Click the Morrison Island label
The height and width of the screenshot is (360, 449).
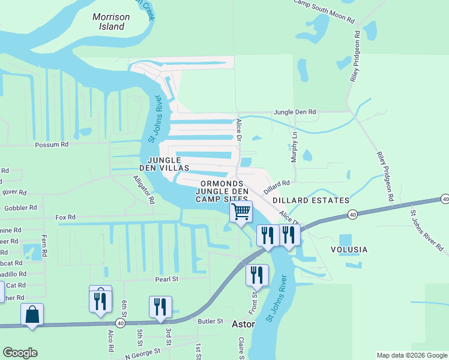(111, 22)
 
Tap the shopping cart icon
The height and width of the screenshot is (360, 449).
(241, 211)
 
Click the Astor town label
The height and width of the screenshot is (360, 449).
(243, 325)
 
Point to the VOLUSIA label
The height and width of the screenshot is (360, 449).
(348, 249)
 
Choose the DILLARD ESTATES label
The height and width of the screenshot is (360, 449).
(310, 200)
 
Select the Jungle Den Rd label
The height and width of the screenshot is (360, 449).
(295, 112)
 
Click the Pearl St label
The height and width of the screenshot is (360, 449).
(167, 279)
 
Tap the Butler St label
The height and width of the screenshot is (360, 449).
(211, 322)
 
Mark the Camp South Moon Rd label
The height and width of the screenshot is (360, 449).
(324, 11)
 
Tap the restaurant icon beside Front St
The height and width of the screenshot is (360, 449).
(257, 275)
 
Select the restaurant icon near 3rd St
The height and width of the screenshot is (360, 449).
(160, 307)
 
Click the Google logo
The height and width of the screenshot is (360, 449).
(20, 353)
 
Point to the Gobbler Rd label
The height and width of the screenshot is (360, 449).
(20, 208)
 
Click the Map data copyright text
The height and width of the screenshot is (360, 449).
(411, 355)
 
